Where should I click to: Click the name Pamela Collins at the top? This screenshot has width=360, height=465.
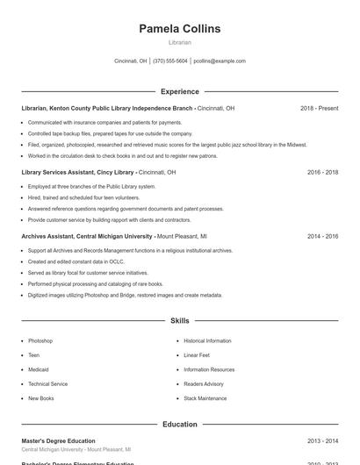[x=179, y=29]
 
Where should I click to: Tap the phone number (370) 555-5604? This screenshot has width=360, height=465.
[x=170, y=61]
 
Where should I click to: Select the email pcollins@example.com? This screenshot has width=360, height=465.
[x=220, y=61]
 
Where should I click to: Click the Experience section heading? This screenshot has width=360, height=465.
[x=179, y=91]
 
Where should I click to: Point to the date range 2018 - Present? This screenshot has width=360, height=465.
[x=319, y=108]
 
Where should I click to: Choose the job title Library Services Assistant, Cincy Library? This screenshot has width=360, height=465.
[x=77, y=172]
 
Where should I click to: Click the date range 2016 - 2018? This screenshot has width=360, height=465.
[x=322, y=172]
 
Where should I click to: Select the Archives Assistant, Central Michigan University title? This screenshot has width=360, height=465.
[x=87, y=237]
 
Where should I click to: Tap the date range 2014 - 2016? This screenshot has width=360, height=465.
[x=322, y=237]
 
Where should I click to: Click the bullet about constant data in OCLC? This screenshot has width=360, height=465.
[x=67, y=261]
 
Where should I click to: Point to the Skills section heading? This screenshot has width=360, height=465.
[x=179, y=321]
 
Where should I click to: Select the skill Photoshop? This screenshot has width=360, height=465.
[x=40, y=340]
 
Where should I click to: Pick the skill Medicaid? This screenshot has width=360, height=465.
[x=39, y=369]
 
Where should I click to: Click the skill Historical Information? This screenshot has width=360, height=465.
[x=207, y=340]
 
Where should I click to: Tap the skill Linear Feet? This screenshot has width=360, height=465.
[x=197, y=355]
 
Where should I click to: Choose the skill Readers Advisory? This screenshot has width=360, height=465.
[x=204, y=383]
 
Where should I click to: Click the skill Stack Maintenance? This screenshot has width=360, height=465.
[x=205, y=398]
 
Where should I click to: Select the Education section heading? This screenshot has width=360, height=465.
[x=179, y=425]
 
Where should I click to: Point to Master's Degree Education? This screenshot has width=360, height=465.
[x=58, y=440]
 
